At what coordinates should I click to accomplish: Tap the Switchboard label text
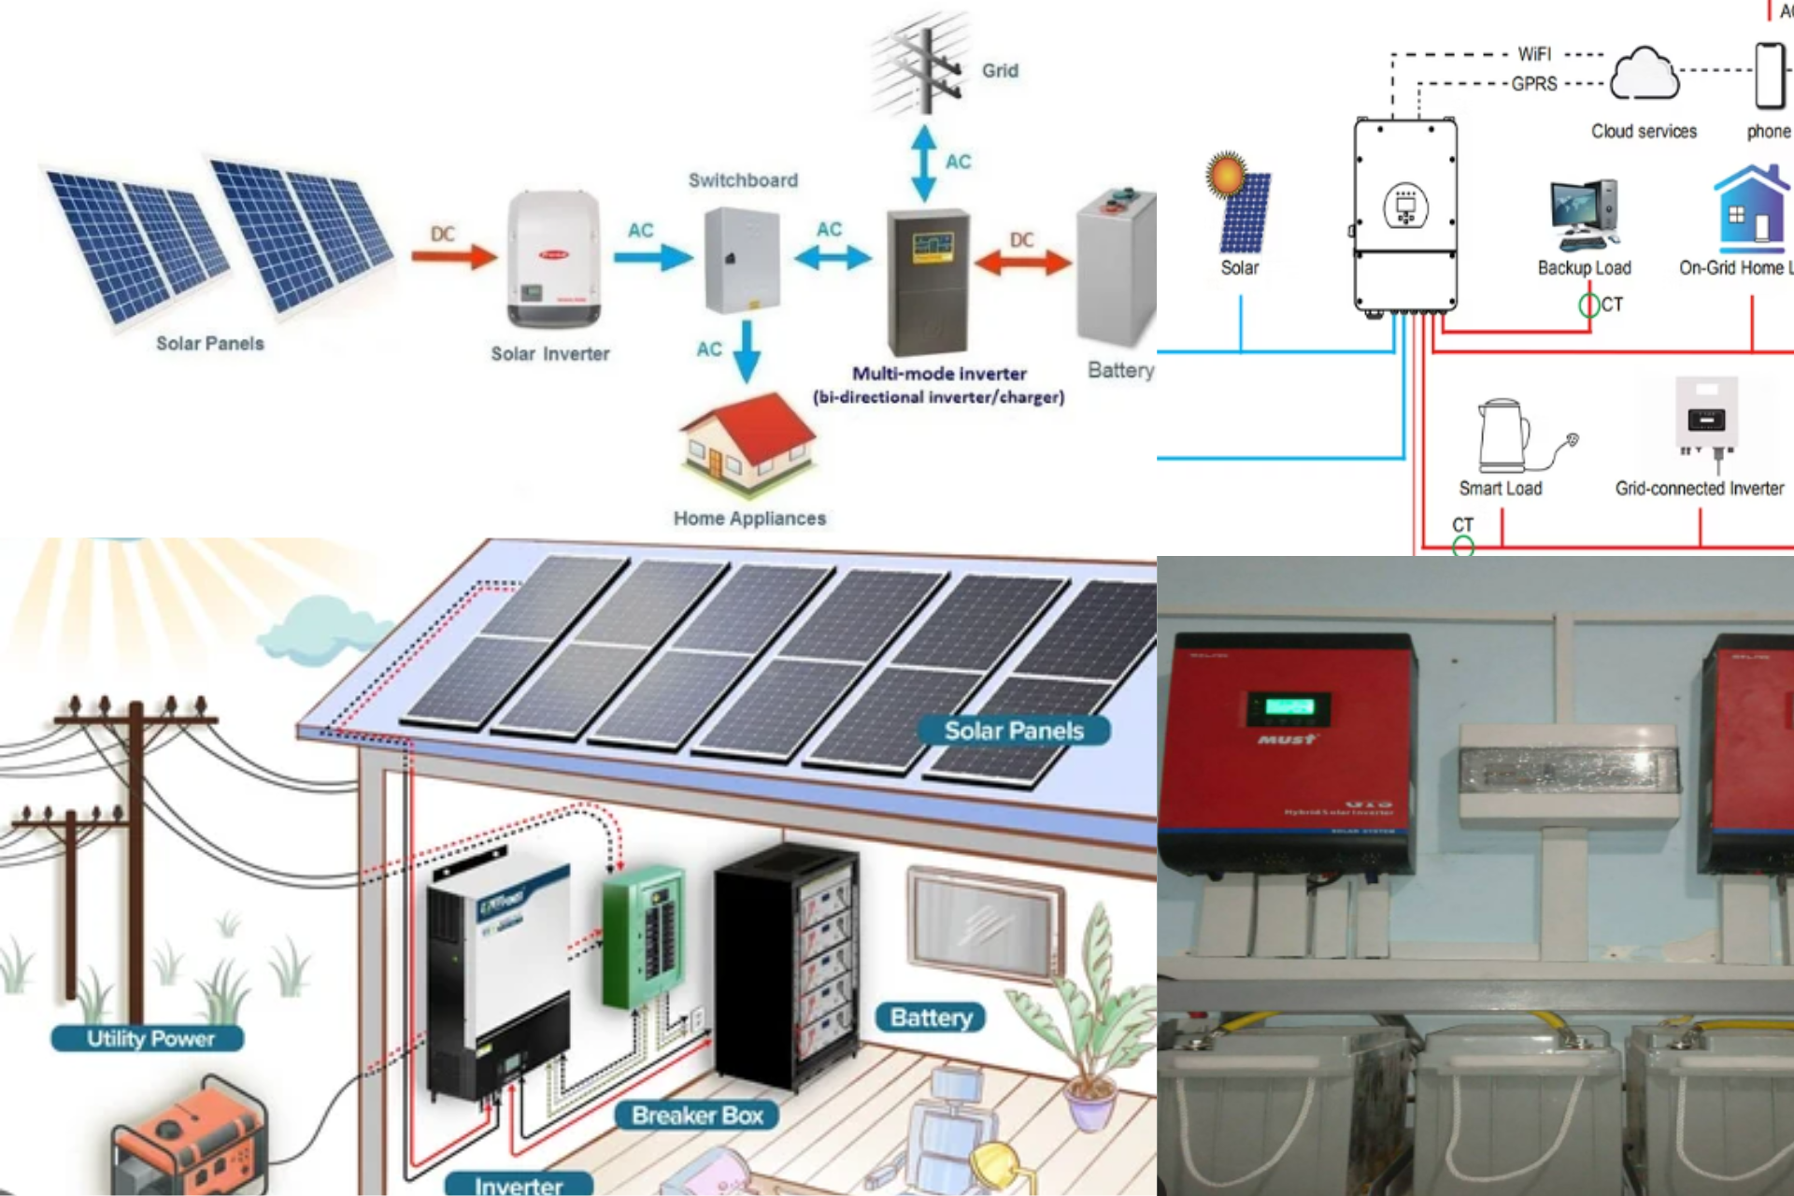click(x=743, y=180)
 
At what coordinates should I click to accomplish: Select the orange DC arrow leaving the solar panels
click(x=455, y=255)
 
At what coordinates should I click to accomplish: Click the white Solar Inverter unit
click(x=553, y=259)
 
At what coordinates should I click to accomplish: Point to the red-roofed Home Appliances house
click(x=747, y=444)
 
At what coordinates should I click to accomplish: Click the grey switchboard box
click(x=742, y=261)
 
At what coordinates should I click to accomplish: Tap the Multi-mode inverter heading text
click(x=939, y=374)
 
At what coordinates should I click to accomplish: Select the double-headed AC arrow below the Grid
click(x=924, y=164)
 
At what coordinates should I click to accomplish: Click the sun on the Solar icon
click(x=1227, y=174)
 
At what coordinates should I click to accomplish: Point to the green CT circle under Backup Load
click(x=1588, y=305)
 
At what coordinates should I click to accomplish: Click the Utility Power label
click(x=149, y=1038)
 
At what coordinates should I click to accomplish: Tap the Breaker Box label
click(x=697, y=1115)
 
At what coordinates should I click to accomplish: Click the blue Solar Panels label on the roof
click(x=1014, y=731)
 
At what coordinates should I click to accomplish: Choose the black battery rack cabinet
click(x=785, y=962)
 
